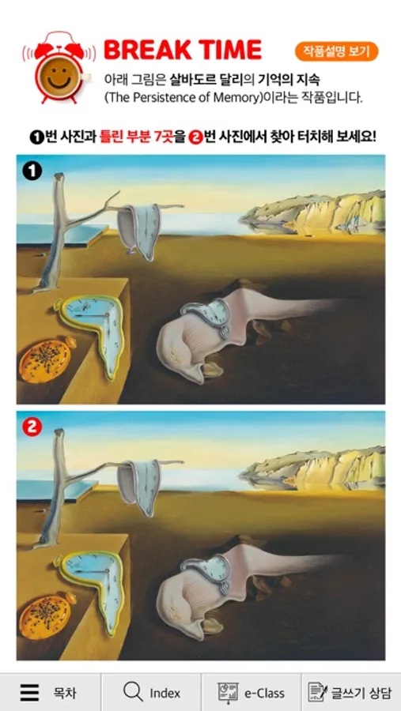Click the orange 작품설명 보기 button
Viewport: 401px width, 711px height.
coord(336,51)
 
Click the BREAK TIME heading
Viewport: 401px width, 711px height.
coord(183,50)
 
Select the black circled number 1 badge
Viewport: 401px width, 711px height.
coord(32,171)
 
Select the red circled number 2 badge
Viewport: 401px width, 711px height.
coord(32,427)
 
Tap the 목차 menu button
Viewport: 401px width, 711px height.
coord(50,692)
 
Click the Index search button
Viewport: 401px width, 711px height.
coord(151,692)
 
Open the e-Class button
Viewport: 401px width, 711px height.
coord(252,692)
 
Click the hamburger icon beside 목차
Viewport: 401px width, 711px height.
coord(29,692)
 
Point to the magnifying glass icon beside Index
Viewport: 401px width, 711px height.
coord(133,692)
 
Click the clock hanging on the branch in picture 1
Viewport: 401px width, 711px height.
coord(140,231)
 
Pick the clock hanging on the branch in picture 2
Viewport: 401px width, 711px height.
coord(140,487)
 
